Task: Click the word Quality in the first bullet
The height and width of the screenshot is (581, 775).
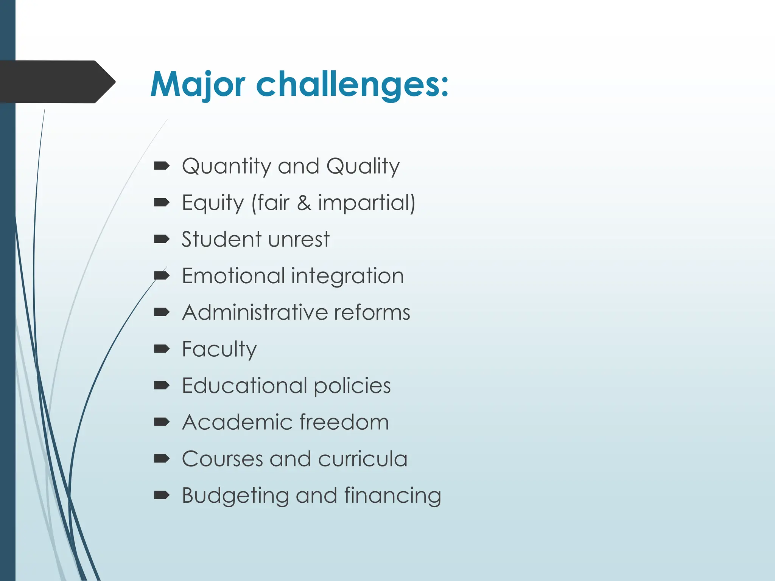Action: pyautogui.click(x=363, y=166)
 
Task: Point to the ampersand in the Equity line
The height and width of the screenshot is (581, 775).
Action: pyautogui.click(x=304, y=203)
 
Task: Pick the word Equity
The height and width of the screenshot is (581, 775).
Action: pyautogui.click(x=213, y=203)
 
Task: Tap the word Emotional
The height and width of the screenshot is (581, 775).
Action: pyautogui.click(x=233, y=276)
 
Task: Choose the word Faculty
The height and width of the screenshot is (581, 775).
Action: pyautogui.click(x=219, y=349)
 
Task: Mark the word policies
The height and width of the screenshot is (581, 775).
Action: pyautogui.click(x=352, y=386)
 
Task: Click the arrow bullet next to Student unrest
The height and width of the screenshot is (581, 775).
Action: pyautogui.click(x=162, y=239)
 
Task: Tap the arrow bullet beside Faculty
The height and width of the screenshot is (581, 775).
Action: pyautogui.click(x=162, y=349)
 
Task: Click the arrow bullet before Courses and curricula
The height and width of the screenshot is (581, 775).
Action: pyautogui.click(x=162, y=459)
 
